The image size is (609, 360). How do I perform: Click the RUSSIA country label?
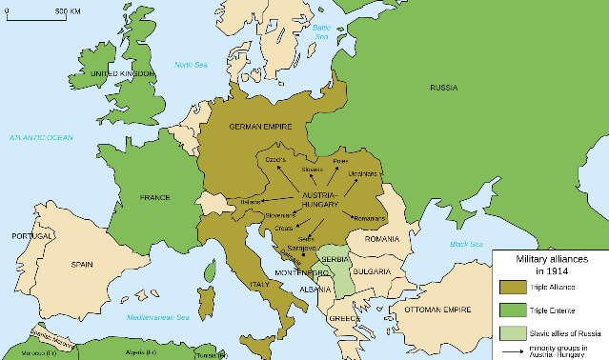click(443, 88)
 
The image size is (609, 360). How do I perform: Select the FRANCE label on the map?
click(154, 197)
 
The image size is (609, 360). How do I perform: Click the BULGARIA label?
click(370, 271)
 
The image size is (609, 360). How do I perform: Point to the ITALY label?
click(258, 284)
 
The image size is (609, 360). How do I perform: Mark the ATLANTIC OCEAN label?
click(41, 138)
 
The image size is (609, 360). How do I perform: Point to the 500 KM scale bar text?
click(67, 10)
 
